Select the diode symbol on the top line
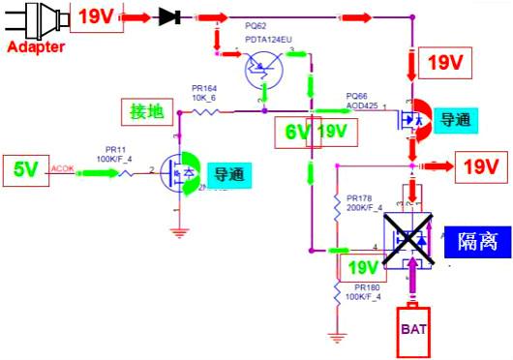tap(172, 16)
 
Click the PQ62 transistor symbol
tap(262, 71)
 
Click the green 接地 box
tap(148, 111)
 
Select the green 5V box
tap(25, 169)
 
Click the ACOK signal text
tap(61, 166)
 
